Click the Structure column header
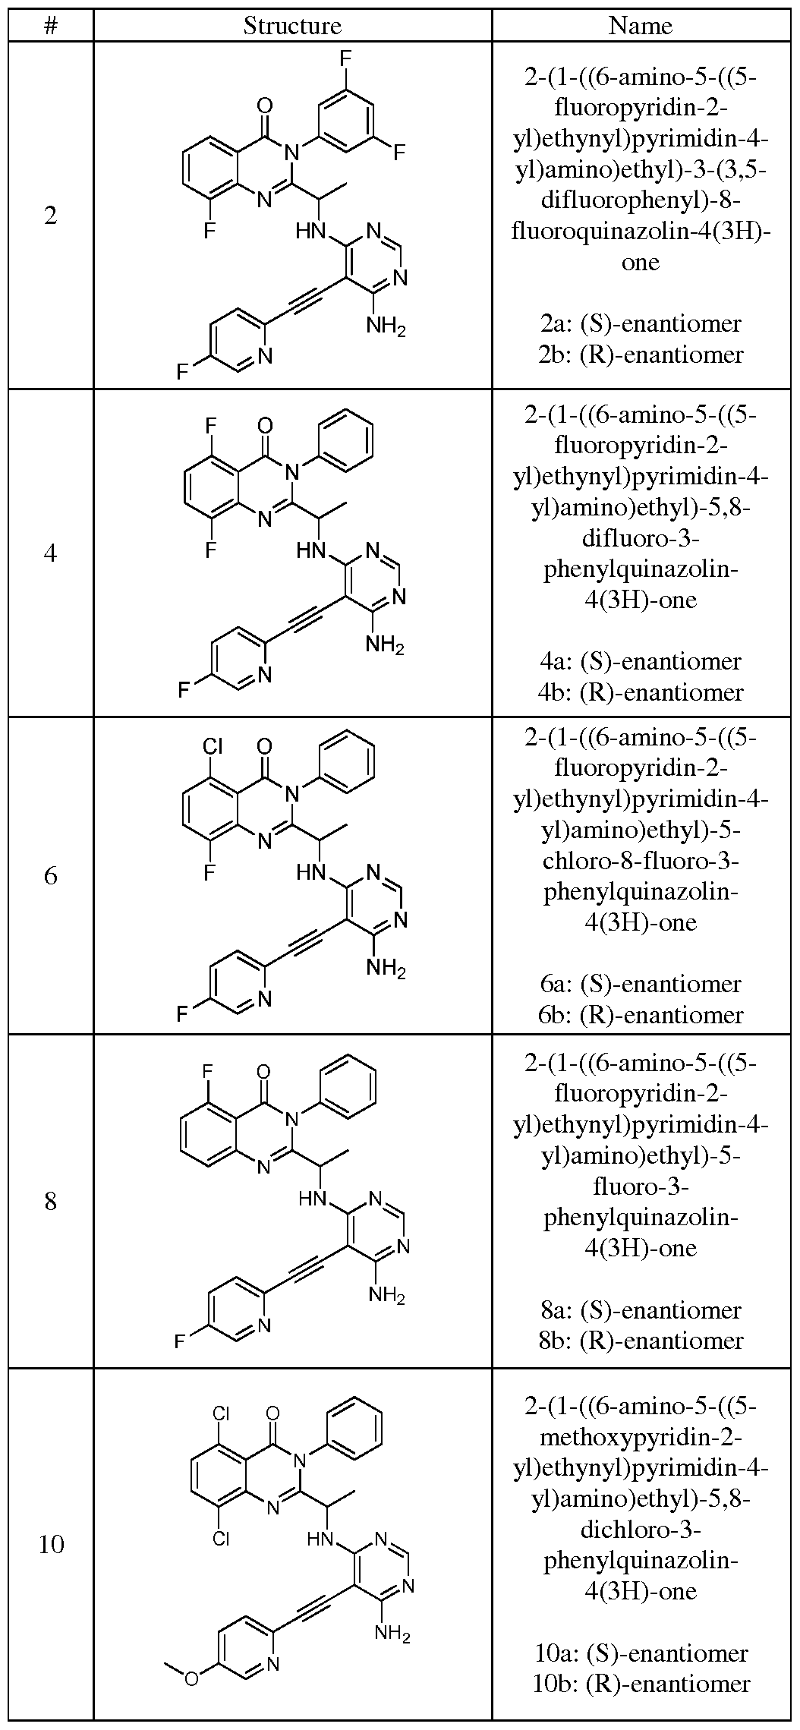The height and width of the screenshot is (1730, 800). pyautogui.click(x=292, y=26)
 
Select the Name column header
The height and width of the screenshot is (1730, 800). pyautogui.click(x=640, y=26)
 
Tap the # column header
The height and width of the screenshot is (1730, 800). pyautogui.click(x=50, y=26)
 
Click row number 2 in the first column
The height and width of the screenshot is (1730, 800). pyautogui.click(x=50, y=216)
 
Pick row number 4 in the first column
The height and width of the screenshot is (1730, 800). pyautogui.click(x=50, y=553)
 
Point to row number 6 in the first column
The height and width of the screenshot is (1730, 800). pyautogui.click(x=50, y=875)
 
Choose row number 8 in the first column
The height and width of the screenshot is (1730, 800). pyautogui.click(x=50, y=1202)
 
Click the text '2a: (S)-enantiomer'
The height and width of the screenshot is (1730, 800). pyautogui.click(x=640, y=323)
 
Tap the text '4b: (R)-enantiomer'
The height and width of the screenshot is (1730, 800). pyautogui.click(x=640, y=692)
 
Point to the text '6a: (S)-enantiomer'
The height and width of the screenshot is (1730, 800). pyautogui.click(x=640, y=984)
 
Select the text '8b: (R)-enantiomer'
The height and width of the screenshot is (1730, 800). pyautogui.click(x=640, y=1341)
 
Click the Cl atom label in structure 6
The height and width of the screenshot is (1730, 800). pyautogui.click(x=212, y=746)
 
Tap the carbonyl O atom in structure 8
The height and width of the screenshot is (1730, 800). pyautogui.click(x=263, y=1072)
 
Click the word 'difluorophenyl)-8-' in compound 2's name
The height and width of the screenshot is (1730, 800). pyautogui.click(x=640, y=200)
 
